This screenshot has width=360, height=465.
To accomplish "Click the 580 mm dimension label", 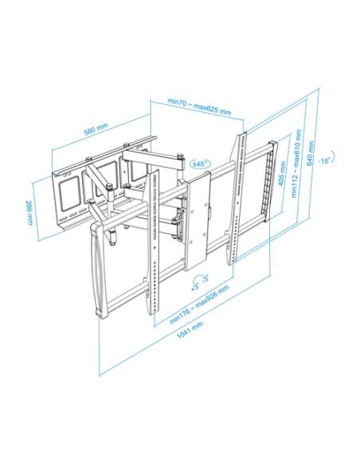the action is [x=96, y=128].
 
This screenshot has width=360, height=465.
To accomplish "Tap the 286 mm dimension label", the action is [x=29, y=213].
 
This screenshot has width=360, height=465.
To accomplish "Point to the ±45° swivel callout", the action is [x=200, y=163].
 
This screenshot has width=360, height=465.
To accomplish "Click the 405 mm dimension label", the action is [x=282, y=174].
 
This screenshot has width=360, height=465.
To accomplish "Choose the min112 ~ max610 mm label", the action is [x=296, y=163].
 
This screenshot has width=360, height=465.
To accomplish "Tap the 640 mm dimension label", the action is [x=311, y=154].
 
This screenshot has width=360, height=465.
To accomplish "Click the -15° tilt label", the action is [x=324, y=161].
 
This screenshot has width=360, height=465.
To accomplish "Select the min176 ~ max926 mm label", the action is [x=199, y=304].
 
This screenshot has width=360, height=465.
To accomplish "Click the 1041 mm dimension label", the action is [x=190, y=330].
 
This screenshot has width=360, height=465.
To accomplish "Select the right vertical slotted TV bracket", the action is [x=237, y=198].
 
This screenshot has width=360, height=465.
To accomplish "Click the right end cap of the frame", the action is [x=270, y=181].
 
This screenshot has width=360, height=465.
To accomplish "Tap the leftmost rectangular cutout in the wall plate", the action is [x=69, y=193].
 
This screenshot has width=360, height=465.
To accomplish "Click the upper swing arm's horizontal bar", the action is [x=154, y=160].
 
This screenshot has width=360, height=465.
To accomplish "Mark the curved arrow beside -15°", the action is [x=333, y=156].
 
